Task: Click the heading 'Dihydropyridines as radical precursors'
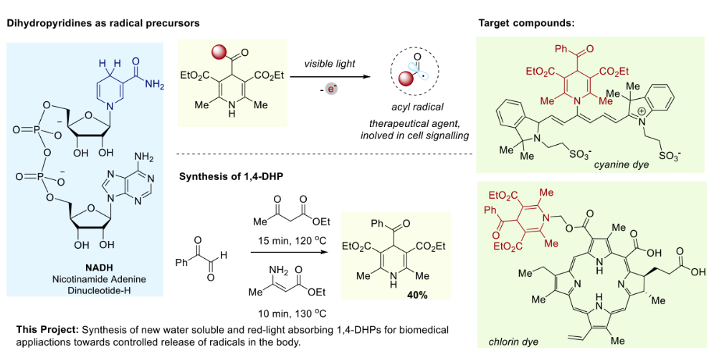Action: (103, 23)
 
